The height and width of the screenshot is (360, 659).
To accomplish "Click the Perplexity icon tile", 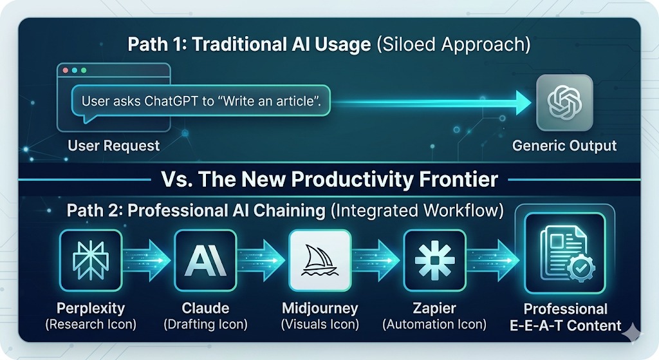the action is pos(91,261).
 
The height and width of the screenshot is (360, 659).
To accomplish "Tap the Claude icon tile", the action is pos(205,261).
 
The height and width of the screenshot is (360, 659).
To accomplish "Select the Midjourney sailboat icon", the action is pos(320,261).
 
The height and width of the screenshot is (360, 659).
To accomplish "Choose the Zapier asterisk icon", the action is pos(434,261).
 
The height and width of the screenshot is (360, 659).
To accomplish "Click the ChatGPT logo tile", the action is pos(564,102).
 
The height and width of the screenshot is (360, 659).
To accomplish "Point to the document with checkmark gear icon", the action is pos(565,253).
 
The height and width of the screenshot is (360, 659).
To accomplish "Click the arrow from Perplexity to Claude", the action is pos(147,261).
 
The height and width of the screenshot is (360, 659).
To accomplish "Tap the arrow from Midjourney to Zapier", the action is pos(376,261).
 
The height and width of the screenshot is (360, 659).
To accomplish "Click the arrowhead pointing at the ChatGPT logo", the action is pos(524,102).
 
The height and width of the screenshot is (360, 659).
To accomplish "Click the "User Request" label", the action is pos(114,146).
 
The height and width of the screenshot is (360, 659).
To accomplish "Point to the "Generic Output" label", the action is pos(564,146).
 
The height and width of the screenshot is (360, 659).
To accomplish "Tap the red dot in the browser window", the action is pos(66,70).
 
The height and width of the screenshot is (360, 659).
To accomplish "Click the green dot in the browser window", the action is pos(84,70).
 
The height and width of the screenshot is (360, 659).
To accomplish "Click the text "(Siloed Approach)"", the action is pos(454,45).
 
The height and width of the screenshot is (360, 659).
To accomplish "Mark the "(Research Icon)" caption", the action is pos(91,325).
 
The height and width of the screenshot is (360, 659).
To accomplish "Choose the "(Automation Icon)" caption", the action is pos(434,325).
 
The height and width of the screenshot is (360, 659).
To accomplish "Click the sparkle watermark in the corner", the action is pos(633,334).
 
